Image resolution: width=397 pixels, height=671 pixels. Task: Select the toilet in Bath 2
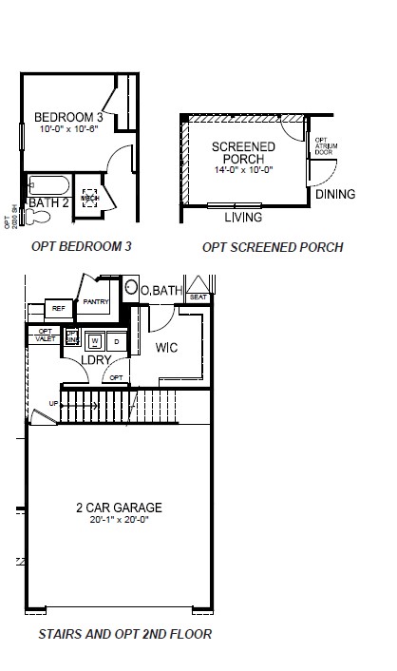(38, 217)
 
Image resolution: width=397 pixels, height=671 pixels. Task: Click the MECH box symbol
(92, 197)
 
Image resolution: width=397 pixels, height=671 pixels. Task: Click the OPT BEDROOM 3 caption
(82, 246)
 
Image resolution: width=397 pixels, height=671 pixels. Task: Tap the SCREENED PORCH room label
(243, 152)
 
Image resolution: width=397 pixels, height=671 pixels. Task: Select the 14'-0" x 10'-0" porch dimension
(243, 169)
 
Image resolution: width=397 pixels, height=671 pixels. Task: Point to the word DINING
(334, 195)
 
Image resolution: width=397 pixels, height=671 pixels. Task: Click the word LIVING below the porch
(243, 218)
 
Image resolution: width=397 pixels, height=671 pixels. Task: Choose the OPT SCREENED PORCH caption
(273, 247)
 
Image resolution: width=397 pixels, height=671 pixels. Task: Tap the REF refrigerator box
(58, 308)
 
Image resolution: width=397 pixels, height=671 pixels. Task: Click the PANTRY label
(95, 301)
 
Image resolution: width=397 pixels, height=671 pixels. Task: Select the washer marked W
(95, 340)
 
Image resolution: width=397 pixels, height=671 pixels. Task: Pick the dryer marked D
(116, 340)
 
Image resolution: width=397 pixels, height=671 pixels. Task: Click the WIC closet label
(167, 348)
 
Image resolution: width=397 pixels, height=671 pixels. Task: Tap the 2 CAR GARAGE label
(119, 507)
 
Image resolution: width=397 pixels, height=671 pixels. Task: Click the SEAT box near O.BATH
(198, 297)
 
